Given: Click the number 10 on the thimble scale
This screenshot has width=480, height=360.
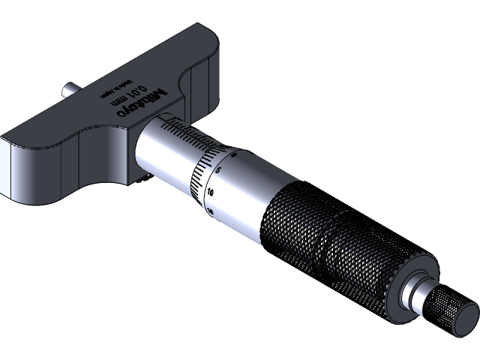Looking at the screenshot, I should coord(211,192).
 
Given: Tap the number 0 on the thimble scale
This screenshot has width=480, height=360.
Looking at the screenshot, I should coord(235,155).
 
